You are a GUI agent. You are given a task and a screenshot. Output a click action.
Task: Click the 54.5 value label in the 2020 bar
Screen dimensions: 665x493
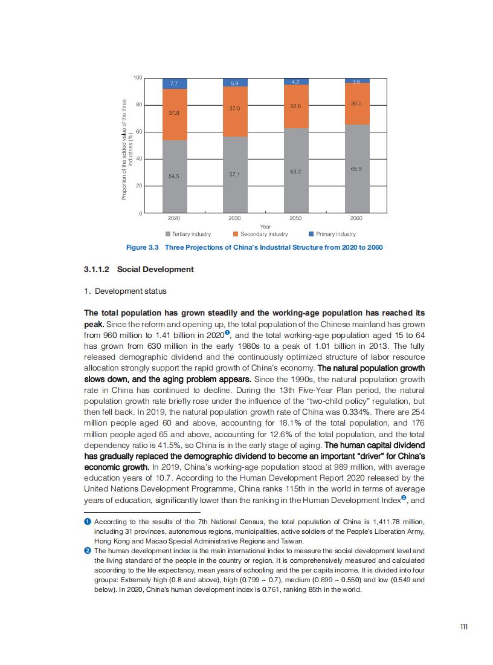tap(174, 176)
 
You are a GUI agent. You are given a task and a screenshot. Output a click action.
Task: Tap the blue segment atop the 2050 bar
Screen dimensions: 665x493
tap(296, 81)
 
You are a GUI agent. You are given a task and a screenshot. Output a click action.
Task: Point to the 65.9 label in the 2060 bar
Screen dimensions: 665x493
tap(356, 169)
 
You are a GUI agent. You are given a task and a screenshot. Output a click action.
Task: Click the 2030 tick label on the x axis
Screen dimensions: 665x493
tap(235, 218)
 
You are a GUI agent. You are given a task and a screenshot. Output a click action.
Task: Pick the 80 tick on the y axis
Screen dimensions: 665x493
tap(138, 105)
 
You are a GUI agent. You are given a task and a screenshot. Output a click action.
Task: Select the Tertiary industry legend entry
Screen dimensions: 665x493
tap(188, 234)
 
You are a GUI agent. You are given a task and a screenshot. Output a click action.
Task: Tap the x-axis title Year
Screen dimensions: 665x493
tap(265, 227)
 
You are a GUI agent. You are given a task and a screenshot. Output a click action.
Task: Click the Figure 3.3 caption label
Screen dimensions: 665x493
tap(141, 247)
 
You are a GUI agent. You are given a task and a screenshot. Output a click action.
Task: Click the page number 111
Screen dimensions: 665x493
tap(464, 627)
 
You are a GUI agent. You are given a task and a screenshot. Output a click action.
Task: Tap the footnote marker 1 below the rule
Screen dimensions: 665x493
tap(88, 521)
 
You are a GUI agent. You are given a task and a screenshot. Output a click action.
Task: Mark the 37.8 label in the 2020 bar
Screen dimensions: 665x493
tap(174, 112)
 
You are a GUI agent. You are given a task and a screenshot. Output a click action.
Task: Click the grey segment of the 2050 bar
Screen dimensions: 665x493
tap(296, 170)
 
